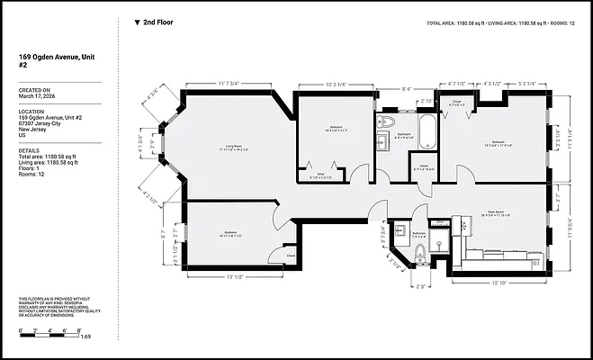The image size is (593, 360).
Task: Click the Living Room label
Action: [235, 147]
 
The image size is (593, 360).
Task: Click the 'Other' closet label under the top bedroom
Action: [320, 174]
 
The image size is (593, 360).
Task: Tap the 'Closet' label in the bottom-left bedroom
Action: [291, 256]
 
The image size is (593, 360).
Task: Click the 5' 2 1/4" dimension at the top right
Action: [526, 84]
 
